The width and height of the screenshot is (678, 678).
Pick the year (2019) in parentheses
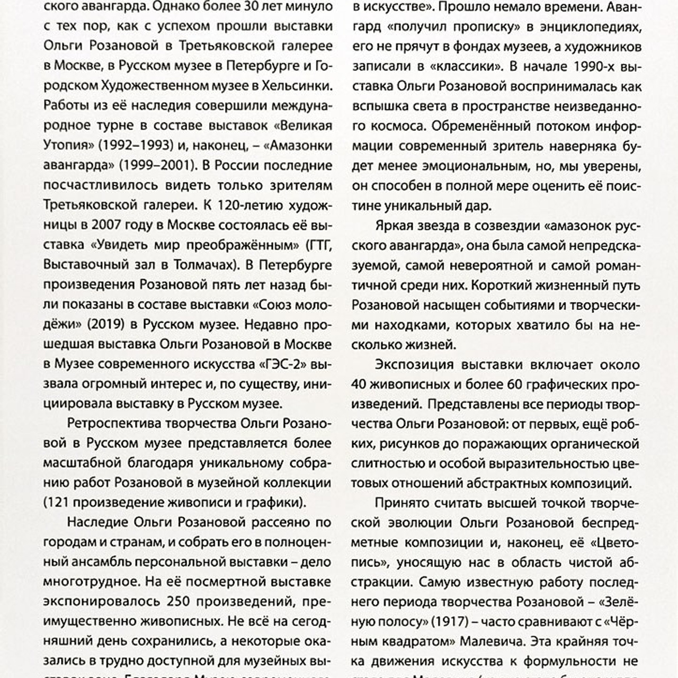105,324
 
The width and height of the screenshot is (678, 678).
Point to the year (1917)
446,621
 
